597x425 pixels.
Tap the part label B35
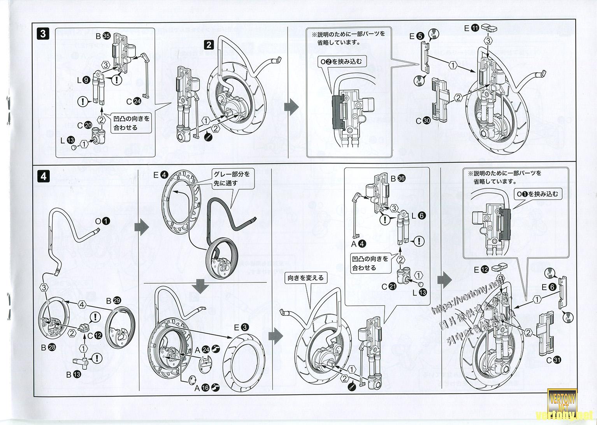tap(103, 37)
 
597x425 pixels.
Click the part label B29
tap(113, 301)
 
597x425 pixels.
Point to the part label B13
tap(74, 374)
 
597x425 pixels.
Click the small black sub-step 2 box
tap(209, 45)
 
